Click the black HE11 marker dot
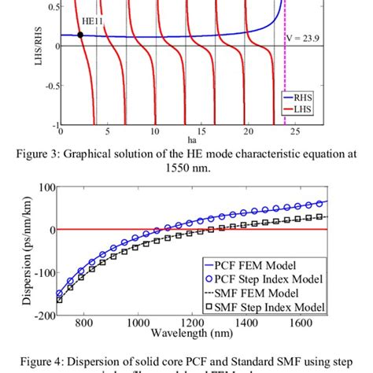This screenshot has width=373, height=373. [x=80, y=35]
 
